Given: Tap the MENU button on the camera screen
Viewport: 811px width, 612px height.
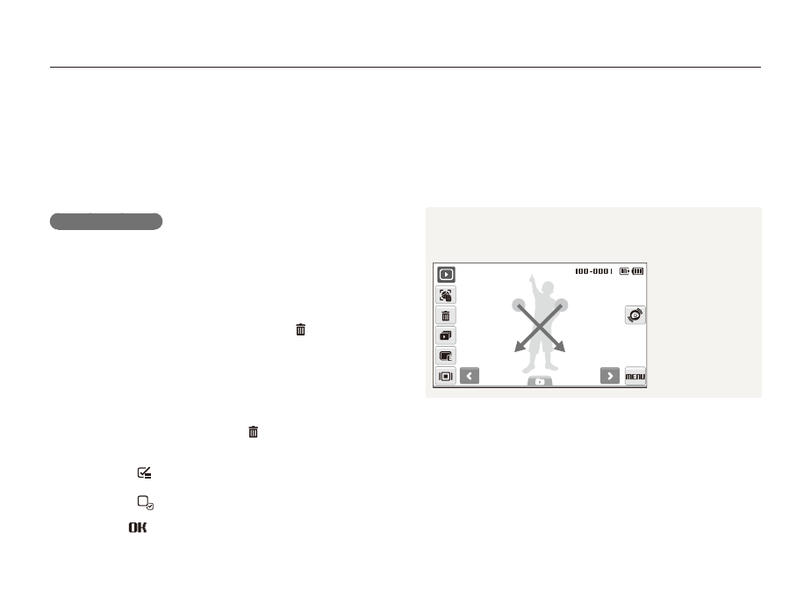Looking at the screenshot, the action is [635, 376].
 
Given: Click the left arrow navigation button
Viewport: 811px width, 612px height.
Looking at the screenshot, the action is [469, 376].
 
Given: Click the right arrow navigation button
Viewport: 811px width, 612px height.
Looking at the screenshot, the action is [610, 376].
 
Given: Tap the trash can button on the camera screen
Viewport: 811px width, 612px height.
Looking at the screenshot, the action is [445, 315].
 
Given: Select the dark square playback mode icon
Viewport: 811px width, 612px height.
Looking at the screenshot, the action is [446, 274].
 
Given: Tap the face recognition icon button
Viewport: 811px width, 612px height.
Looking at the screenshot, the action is [445, 295].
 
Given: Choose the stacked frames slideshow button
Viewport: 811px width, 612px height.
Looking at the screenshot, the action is [445, 335].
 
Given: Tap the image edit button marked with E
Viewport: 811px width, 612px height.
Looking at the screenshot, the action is [445, 356].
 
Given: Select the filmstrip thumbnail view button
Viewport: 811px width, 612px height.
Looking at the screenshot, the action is [445, 376].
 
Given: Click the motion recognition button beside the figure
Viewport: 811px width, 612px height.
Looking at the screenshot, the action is [635, 315].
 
